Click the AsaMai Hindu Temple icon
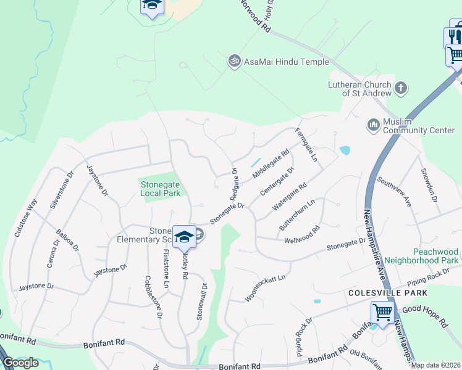pyautogui.click(x=233, y=61)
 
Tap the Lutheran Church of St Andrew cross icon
pyautogui.click(x=401, y=88)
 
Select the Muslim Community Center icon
pyautogui.click(x=373, y=125)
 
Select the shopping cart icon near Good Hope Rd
pyautogui.click(x=382, y=313)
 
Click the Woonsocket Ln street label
pyautogui.click(x=266, y=289)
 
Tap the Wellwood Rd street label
pyautogui.click(x=302, y=234)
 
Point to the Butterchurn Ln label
pyautogui.click(x=297, y=215)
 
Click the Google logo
pyautogui.click(x=20, y=363)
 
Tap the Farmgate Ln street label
pyautogui.click(x=306, y=146)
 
